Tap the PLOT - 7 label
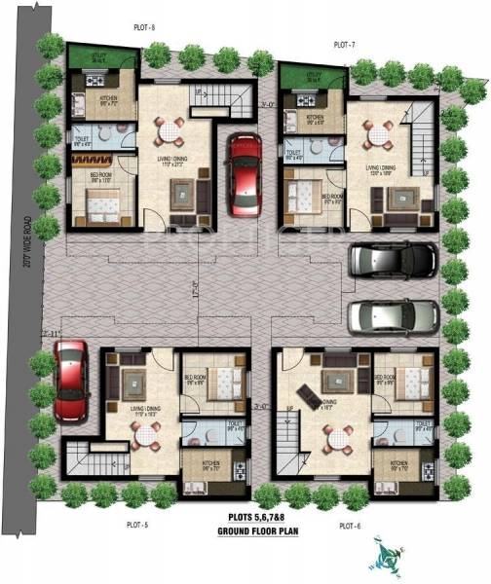tap(344, 45)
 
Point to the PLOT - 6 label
tap(350, 526)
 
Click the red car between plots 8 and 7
tap(243, 175)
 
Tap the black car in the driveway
tap(392, 260)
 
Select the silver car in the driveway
tap(392, 315)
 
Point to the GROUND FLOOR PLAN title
tap(257, 531)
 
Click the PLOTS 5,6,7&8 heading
tap(257, 519)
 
